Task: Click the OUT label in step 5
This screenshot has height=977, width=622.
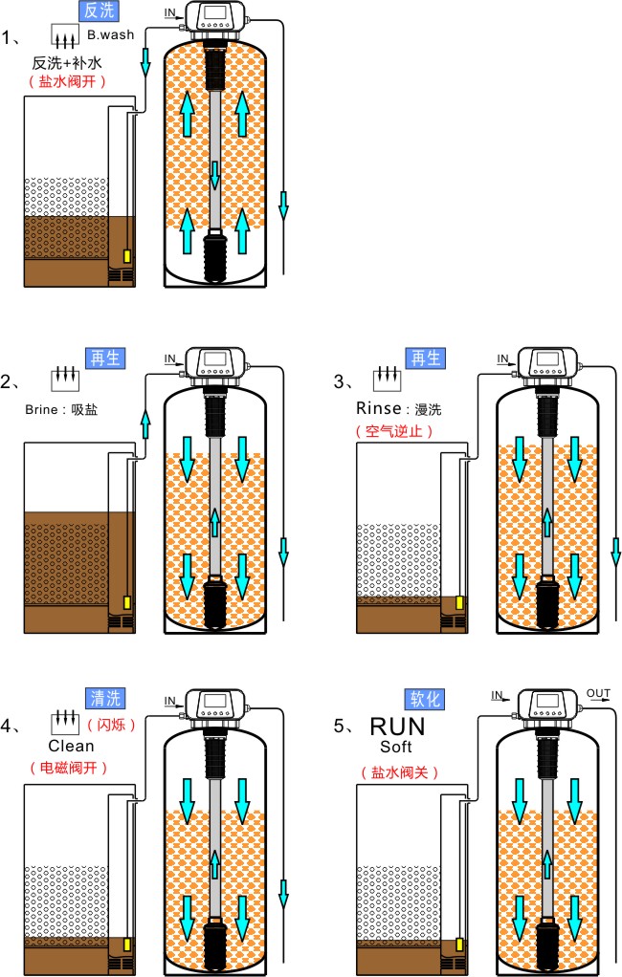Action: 598,693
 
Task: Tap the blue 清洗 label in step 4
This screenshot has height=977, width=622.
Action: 105,698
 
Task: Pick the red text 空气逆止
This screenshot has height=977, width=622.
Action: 394,430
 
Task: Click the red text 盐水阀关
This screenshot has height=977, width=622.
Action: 399,771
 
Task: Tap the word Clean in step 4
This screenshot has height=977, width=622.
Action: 71,746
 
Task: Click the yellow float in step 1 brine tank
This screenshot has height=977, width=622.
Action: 127,258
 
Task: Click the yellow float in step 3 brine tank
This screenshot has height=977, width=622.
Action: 460,604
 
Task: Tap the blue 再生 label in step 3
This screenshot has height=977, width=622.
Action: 425,358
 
